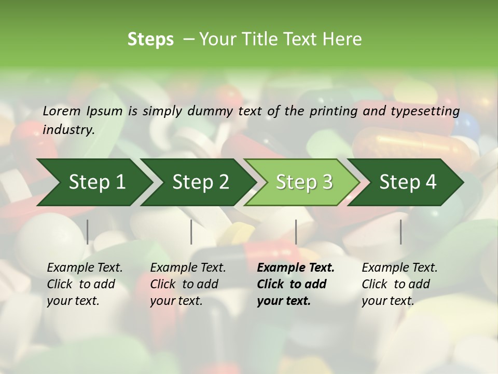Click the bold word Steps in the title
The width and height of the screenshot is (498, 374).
point(150,39)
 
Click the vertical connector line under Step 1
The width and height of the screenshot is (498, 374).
point(88,232)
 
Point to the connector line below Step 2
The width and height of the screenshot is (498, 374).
point(191,232)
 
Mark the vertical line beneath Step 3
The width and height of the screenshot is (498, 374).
point(296,232)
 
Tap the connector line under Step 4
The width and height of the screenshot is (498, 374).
point(401,232)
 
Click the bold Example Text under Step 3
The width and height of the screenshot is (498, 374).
point(296,268)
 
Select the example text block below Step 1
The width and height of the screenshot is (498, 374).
point(85,284)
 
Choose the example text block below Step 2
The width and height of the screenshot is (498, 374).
point(188,284)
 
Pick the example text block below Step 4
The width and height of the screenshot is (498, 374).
point(399,284)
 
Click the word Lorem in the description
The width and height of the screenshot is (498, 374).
point(62,111)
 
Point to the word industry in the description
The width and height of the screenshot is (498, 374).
point(68,130)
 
